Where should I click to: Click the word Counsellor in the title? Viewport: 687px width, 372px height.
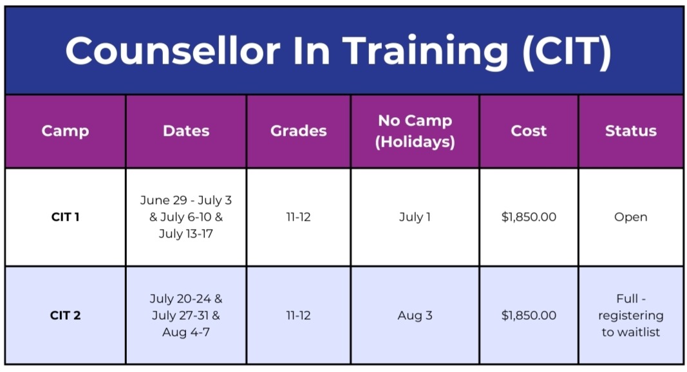pyautogui.click(x=173, y=50)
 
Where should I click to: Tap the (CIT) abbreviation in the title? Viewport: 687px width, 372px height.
pyautogui.click(x=567, y=52)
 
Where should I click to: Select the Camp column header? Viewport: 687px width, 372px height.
pyautogui.click(x=65, y=131)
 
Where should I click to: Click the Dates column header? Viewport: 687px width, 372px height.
pyautogui.click(x=186, y=131)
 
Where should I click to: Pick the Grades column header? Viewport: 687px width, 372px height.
pyautogui.click(x=298, y=131)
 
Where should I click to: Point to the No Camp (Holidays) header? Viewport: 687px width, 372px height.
pyautogui.click(x=415, y=131)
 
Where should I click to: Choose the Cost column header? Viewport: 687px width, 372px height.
pyautogui.click(x=529, y=131)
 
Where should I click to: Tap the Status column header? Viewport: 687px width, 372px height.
pyautogui.click(x=631, y=131)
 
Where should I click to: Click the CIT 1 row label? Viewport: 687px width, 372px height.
pyautogui.click(x=65, y=217)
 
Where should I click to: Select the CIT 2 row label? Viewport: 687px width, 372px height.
pyautogui.click(x=65, y=315)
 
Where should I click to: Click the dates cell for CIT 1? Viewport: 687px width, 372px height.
pyautogui.click(x=186, y=217)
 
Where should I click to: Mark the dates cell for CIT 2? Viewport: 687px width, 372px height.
pyautogui.click(x=186, y=315)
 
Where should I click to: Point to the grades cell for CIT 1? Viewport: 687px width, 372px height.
pyautogui.click(x=298, y=217)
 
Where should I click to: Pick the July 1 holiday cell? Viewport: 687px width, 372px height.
pyautogui.click(x=415, y=217)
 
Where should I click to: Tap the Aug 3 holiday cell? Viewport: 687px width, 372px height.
pyautogui.click(x=415, y=315)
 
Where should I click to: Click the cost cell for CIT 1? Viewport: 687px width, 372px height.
pyautogui.click(x=529, y=217)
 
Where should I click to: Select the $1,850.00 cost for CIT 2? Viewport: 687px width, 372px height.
pyautogui.click(x=529, y=315)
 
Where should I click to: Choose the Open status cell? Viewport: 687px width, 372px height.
pyautogui.click(x=631, y=218)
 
